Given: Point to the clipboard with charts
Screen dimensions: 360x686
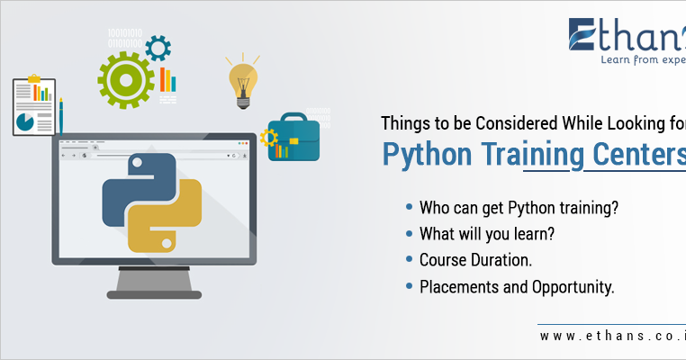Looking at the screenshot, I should click(x=34, y=105).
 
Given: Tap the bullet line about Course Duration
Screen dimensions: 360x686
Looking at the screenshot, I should click(x=477, y=260).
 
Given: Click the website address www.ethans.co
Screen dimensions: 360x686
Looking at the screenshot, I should click(x=612, y=336).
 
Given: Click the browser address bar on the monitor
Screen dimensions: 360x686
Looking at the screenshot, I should click(x=162, y=156).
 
